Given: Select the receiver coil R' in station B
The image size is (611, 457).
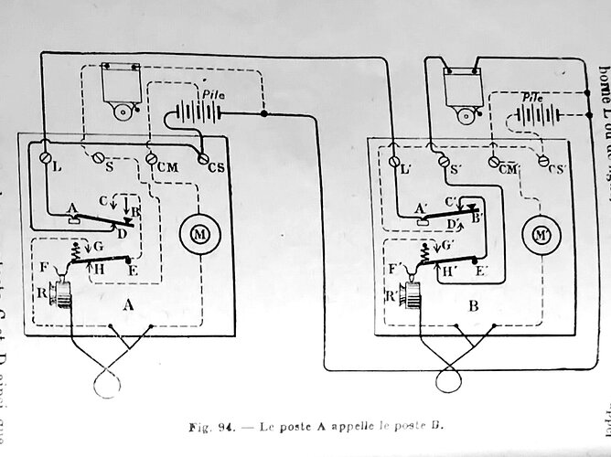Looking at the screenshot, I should tap(410, 294).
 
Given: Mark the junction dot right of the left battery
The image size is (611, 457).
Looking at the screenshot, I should tap(264, 115).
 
